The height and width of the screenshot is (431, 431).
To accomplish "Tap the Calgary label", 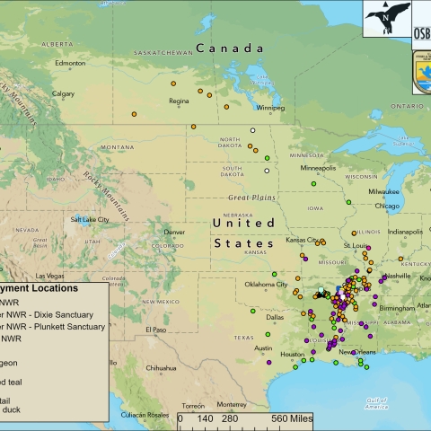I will click(63, 92).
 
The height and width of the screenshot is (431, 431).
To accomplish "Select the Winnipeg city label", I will click(270, 109).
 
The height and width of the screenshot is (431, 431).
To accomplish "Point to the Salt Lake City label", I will click(89, 219).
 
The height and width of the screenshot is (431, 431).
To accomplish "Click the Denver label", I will click(174, 232).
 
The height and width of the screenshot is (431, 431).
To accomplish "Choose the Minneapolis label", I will click(319, 168).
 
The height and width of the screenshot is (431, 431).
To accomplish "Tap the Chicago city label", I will click(388, 206).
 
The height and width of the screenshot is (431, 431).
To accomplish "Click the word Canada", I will click(231, 48).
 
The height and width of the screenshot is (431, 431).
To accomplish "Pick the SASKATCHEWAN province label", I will click(163, 52).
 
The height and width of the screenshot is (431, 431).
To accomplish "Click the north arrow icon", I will click(387, 18).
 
